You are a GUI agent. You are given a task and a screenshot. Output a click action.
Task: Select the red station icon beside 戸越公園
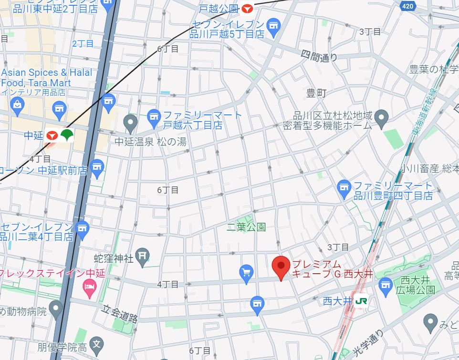point(247,9)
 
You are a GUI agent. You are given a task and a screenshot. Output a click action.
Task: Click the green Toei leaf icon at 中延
point(66,135)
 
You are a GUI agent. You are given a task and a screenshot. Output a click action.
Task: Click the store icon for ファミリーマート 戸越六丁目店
point(154,115)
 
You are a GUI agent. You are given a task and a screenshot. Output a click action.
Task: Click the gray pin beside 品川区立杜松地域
point(381,117)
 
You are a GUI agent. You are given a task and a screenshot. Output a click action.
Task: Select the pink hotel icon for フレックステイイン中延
point(89,286)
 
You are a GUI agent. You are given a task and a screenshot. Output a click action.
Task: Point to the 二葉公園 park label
point(246,227)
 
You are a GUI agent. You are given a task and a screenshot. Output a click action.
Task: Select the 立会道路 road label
point(120,314)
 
